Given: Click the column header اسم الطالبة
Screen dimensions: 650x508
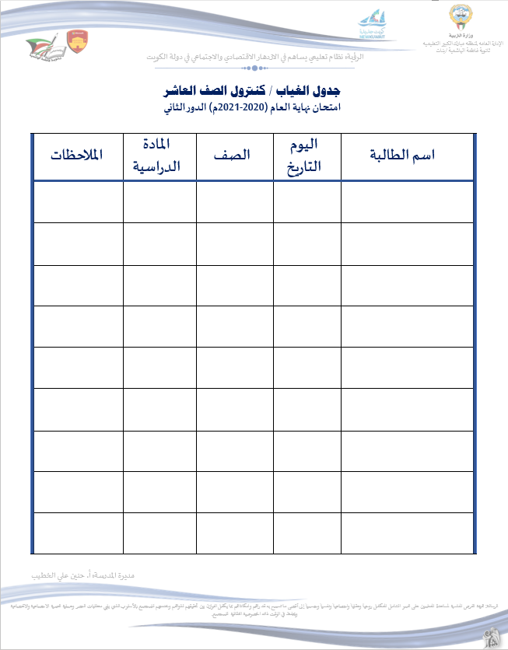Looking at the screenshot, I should (407, 156).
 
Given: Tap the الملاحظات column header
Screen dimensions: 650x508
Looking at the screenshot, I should (76, 155).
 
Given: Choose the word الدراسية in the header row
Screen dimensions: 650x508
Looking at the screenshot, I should (159, 166).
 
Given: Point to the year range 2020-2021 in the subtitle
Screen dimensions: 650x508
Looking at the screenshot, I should (245, 107).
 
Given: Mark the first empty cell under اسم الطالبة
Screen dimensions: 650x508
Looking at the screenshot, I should (407, 201).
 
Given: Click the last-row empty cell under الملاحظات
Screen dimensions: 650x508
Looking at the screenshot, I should (76, 533).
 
